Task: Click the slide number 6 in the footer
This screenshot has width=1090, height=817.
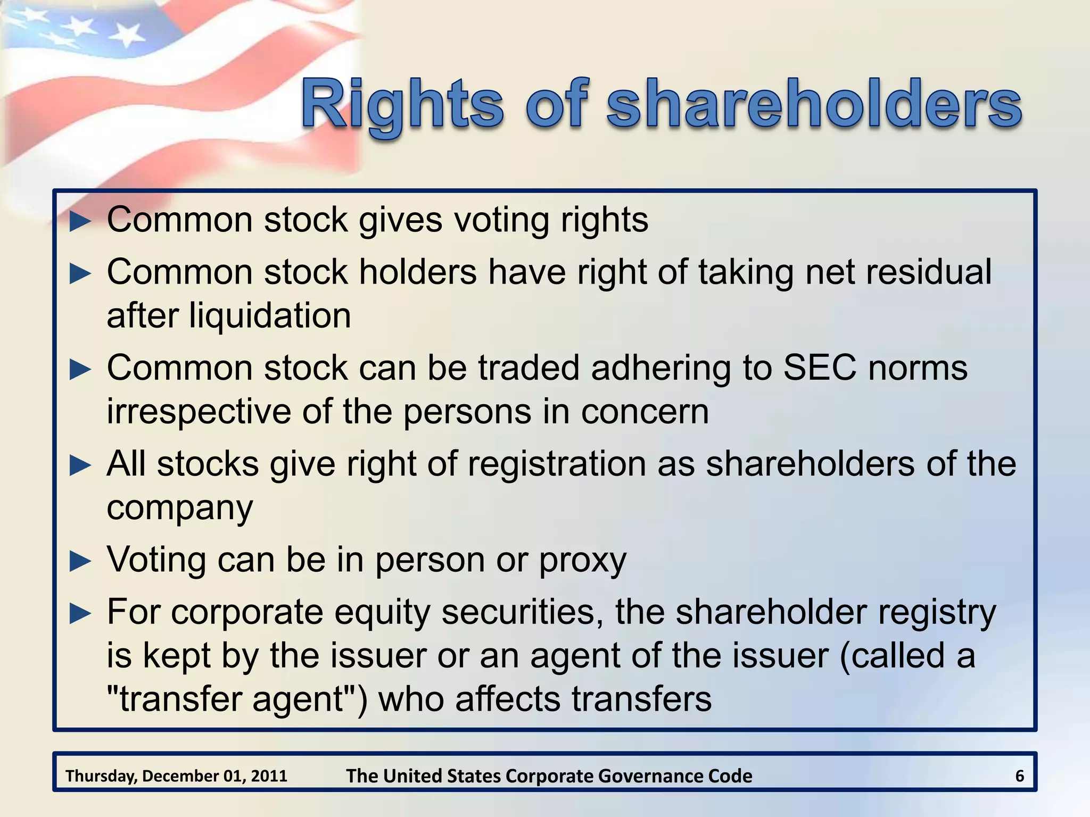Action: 1019,776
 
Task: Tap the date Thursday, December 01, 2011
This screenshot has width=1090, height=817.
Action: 176,776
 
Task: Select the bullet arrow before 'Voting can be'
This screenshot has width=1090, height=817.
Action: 80,561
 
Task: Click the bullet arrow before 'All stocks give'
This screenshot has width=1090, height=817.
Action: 80,465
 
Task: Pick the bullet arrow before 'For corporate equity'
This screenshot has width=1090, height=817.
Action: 80,614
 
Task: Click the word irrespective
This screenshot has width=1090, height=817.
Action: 199,412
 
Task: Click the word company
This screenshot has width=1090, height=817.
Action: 180,508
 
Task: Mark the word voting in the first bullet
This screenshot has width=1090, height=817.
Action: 501,220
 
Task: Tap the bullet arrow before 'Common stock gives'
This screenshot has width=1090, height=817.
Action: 80,221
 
